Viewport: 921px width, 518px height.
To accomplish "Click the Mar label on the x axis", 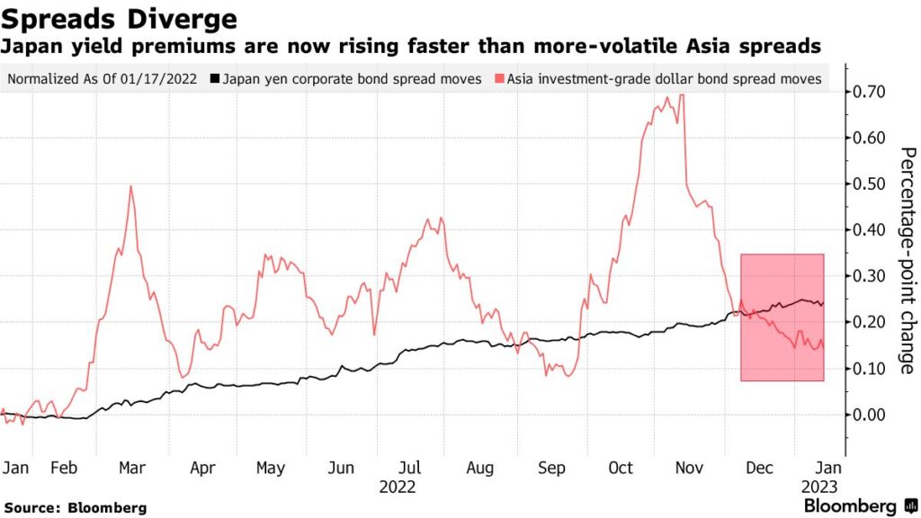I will click(x=132, y=468).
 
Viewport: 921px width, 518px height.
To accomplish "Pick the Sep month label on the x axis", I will click(x=550, y=468).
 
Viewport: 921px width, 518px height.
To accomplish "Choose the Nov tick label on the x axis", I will click(x=690, y=468).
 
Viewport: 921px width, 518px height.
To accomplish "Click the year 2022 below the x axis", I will click(x=397, y=487).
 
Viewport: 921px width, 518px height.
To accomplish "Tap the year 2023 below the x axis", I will click(x=821, y=487).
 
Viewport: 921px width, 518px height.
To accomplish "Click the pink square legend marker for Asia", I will click(x=499, y=79).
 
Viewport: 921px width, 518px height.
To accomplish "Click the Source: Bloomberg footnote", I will click(x=75, y=508).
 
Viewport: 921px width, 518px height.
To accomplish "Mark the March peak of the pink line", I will click(x=131, y=186).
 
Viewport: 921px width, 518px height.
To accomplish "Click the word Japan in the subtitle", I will click(x=30, y=44).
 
